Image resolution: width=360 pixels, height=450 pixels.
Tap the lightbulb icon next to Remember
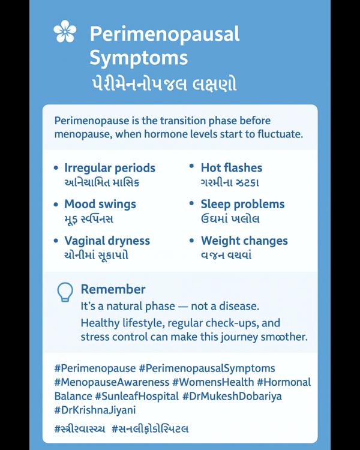[64, 292]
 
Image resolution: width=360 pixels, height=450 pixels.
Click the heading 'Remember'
[113, 289]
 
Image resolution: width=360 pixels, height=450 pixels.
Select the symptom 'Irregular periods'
[109, 168]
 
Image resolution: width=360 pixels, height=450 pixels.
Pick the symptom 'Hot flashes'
[231, 168]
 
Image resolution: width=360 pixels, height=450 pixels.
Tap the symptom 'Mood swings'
[100, 204]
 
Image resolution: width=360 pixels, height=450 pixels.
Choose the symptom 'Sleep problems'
[242, 204]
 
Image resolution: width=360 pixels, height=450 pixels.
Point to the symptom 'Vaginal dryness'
[107, 241]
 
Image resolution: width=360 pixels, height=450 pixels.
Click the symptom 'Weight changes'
[244, 241]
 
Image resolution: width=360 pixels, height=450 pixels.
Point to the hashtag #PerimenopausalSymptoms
[207, 368]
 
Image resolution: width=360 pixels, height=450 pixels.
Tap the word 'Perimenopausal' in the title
[164, 34]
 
